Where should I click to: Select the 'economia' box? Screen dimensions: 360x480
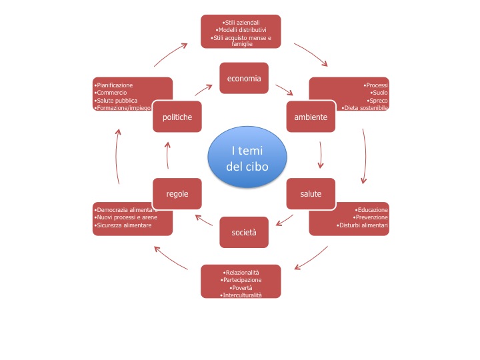point(244,79)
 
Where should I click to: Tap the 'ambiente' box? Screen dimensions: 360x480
point(311,117)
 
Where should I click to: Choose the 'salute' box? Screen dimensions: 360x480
point(311,194)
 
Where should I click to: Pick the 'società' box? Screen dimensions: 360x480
point(244,232)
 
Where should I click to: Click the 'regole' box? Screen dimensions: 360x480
point(177,194)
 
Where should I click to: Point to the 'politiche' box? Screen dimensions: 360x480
point(177,117)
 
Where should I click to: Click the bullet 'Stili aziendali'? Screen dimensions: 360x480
point(241,23)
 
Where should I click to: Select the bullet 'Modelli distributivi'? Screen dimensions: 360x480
point(241,30)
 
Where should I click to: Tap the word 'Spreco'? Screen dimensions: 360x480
point(378,100)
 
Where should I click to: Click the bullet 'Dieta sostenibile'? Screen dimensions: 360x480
point(365,107)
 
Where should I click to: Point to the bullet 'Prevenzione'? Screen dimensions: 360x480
point(370,218)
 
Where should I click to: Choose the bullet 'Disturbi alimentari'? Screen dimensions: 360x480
point(363,226)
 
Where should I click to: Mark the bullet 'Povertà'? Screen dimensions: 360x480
point(241,288)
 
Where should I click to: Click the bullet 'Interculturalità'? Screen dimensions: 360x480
point(241,295)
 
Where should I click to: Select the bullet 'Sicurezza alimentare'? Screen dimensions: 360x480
point(123,226)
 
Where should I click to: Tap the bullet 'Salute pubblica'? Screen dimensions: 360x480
point(117,100)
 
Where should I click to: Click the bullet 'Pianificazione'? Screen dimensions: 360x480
point(115,85)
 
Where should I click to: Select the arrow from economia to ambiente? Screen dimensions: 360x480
point(284,90)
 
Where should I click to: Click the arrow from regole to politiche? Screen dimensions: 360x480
point(167,158)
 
